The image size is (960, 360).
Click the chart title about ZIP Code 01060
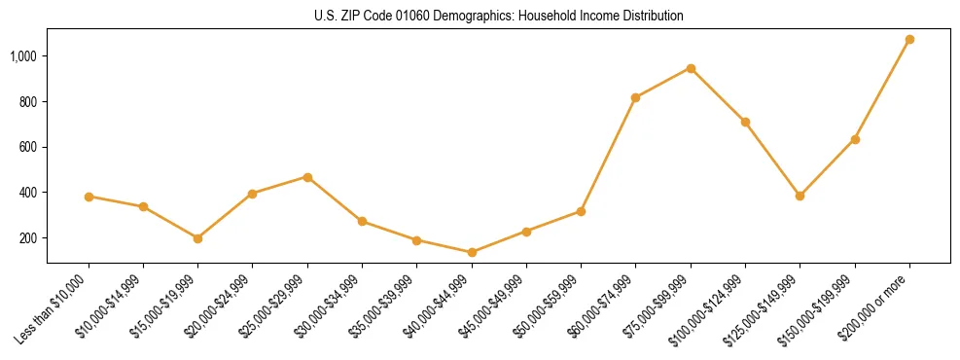(499, 17)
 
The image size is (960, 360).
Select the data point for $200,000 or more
(909, 40)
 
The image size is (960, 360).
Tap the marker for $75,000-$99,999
(691, 68)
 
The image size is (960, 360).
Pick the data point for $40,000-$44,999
(472, 252)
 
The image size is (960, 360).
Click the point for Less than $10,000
(89, 197)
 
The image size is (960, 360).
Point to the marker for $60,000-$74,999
(635, 97)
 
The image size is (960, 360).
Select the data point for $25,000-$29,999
(307, 177)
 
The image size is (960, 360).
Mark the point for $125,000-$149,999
(800, 196)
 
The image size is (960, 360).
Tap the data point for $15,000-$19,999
(197, 238)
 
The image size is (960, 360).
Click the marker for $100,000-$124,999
(745, 122)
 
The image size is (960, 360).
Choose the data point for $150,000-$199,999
(855, 139)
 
